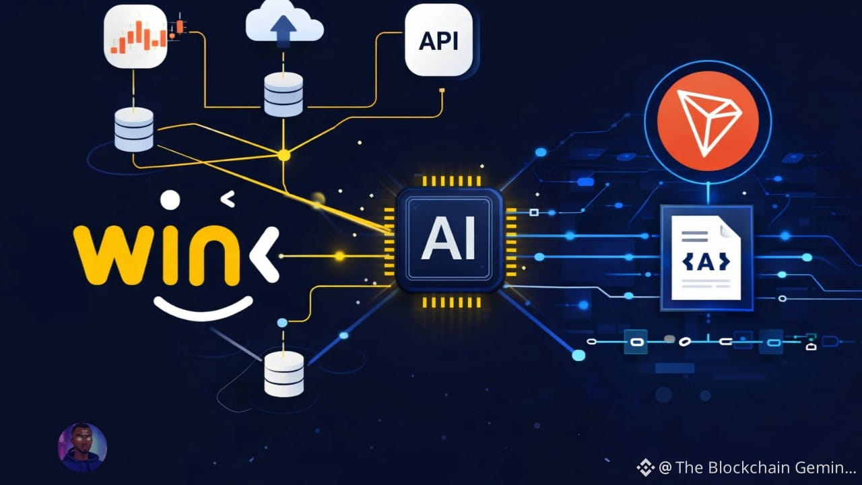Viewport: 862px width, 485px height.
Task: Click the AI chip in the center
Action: tap(449, 240)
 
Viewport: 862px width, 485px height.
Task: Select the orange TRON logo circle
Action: tap(708, 121)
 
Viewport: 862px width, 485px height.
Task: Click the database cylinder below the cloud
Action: tap(284, 94)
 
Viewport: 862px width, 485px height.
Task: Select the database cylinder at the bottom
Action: tap(284, 374)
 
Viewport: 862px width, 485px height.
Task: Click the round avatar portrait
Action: tap(82, 447)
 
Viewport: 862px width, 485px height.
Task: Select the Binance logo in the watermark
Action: tap(645, 467)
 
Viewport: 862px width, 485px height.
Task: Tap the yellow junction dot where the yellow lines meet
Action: tap(284, 155)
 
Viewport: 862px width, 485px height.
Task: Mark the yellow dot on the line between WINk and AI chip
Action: tap(339, 256)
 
